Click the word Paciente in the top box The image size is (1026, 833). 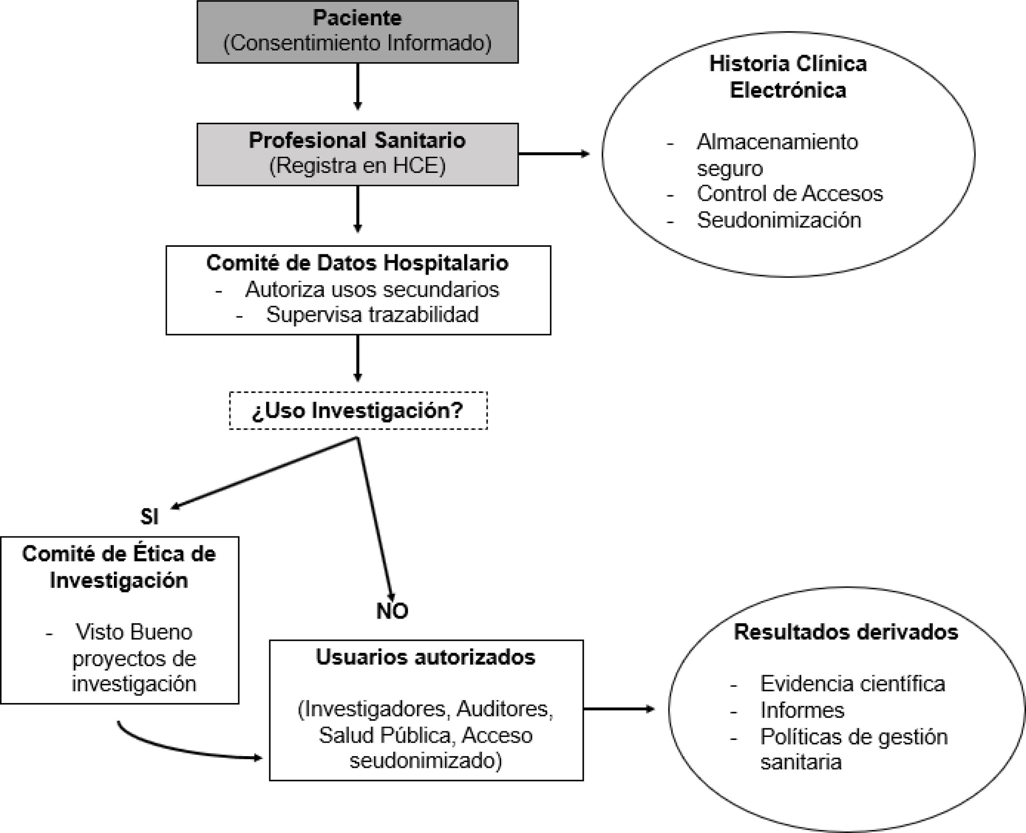click(357, 18)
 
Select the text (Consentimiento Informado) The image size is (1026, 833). click(357, 43)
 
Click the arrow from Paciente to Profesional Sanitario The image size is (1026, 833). click(357, 86)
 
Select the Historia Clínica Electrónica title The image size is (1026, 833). click(788, 77)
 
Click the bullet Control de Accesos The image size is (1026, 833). click(790, 194)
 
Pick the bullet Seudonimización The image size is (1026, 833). click(779, 220)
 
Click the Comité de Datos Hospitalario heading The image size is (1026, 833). click(357, 263)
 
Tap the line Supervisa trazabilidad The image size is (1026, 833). click(372, 315)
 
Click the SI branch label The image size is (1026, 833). click(149, 517)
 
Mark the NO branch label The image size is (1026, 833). click(392, 611)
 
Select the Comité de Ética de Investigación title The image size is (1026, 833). click(119, 567)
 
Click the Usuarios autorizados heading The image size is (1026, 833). click(425, 657)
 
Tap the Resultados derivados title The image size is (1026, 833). click(846, 632)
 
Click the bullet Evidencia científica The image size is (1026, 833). click(852, 684)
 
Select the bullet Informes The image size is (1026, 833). click(802, 710)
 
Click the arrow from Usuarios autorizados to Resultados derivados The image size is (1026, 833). click(619, 709)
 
